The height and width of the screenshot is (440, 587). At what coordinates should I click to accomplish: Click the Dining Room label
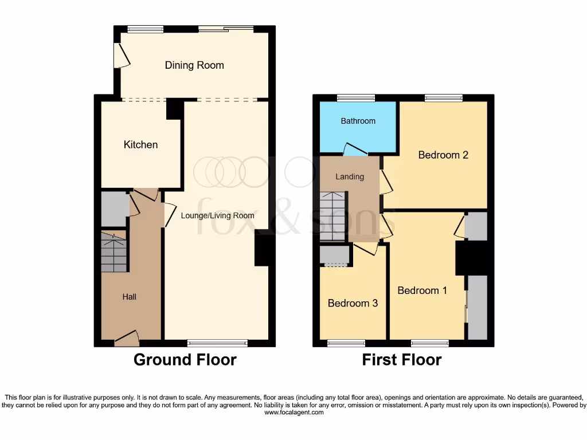(194, 65)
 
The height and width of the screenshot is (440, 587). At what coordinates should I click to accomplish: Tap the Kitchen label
(140, 145)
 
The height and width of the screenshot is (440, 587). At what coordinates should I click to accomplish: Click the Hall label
(129, 297)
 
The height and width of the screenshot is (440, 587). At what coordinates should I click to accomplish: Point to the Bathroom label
(358, 121)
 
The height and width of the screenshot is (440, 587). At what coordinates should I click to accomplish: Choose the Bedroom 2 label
(443, 155)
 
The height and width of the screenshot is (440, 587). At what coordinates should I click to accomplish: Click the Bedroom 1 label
(422, 290)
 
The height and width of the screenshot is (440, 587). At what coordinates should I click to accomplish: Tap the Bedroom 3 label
(353, 303)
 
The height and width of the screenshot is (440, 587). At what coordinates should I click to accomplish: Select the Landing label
(350, 176)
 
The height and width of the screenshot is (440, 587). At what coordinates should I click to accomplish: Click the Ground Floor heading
(185, 360)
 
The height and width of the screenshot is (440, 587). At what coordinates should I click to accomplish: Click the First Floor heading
(401, 360)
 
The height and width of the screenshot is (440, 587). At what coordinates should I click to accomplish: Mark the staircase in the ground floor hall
(114, 252)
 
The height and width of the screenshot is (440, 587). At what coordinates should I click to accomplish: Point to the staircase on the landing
(333, 217)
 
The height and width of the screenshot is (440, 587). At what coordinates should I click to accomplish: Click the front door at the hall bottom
(127, 339)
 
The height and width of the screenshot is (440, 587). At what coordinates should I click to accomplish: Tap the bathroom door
(355, 150)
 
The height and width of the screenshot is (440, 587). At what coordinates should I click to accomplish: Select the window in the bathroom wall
(355, 97)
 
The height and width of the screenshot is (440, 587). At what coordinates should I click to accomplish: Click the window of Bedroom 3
(346, 343)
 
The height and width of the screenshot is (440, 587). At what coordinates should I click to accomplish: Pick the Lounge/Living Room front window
(217, 343)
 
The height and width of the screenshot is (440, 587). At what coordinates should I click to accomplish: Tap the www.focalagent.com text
(293, 412)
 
